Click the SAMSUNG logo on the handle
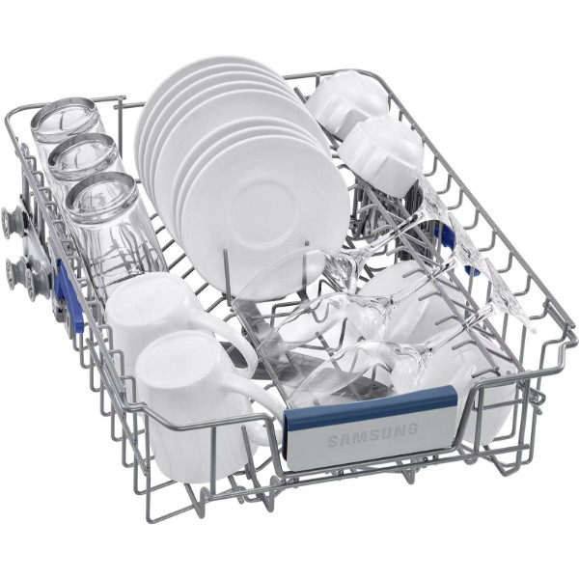[372, 434]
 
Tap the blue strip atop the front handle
[371, 405]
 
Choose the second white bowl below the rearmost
[380, 150]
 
